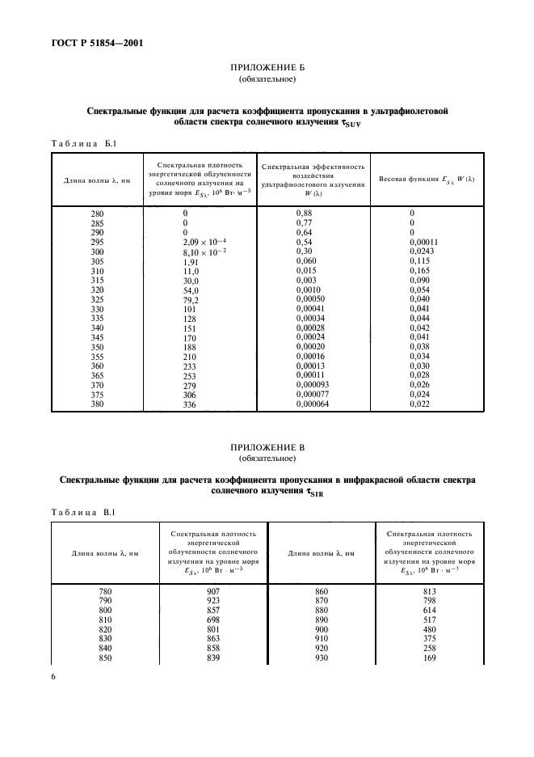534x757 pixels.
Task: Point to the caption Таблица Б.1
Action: click(85, 143)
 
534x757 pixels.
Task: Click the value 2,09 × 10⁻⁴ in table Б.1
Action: click(205, 242)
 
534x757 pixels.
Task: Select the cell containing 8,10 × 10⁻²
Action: click(205, 252)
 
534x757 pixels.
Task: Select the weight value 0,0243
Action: click(421, 252)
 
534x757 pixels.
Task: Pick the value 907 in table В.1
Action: click(213, 591)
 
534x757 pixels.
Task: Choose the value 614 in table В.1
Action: click(429, 611)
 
